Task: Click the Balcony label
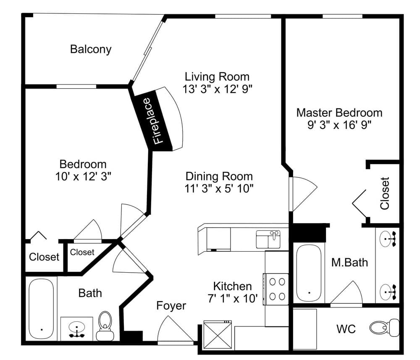click(x=91, y=49)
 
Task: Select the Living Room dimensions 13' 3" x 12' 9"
click(x=217, y=89)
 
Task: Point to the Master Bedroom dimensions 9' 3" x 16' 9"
click(x=339, y=125)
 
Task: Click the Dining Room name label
click(x=219, y=176)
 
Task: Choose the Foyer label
click(x=171, y=306)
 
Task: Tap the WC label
click(x=346, y=328)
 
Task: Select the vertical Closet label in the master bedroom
click(x=385, y=194)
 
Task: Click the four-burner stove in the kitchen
click(x=276, y=289)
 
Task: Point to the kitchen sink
click(x=268, y=239)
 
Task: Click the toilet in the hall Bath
click(x=105, y=325)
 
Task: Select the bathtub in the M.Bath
click(x=310, y=273)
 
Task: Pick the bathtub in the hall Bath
click(x=41, y=308)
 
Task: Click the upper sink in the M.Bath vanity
click(x=388, y=239)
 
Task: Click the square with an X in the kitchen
click(x=217, y=334)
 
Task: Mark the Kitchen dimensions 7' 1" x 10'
click(x=232, y=299)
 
